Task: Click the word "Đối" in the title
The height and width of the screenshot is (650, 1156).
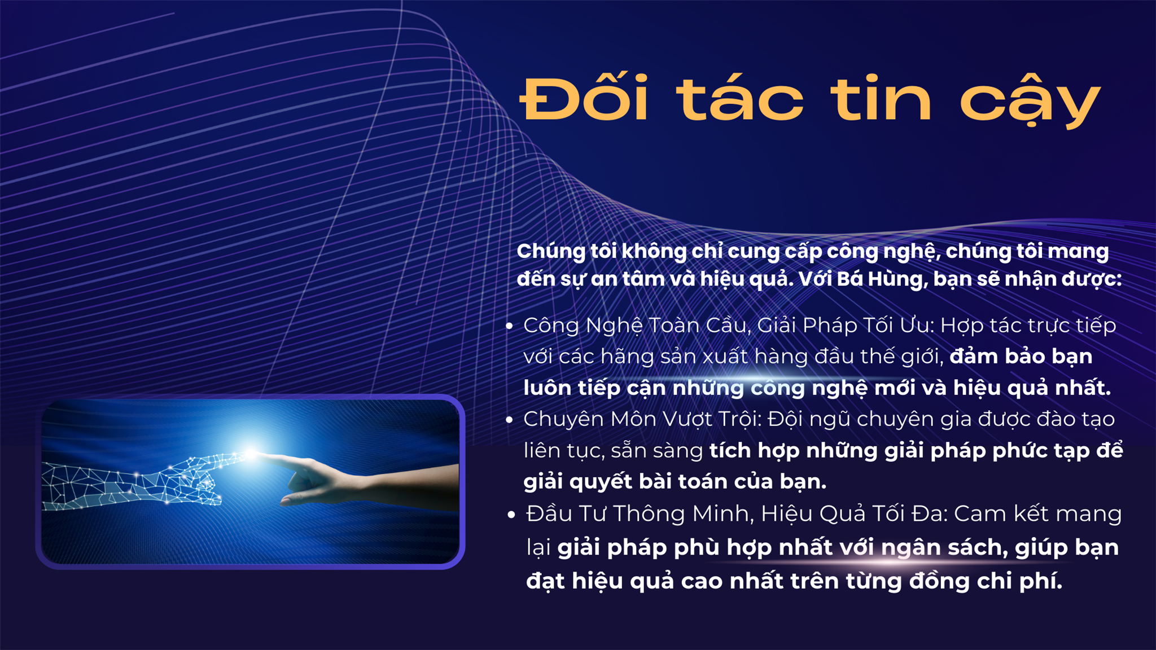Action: [584, 98]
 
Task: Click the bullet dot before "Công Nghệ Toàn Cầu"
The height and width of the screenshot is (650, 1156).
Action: [509, 326]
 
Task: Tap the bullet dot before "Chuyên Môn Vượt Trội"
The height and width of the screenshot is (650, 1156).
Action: [509, 420]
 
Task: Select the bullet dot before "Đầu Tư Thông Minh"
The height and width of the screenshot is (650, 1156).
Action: [511, 515]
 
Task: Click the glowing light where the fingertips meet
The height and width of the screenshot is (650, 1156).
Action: [250, 452]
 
